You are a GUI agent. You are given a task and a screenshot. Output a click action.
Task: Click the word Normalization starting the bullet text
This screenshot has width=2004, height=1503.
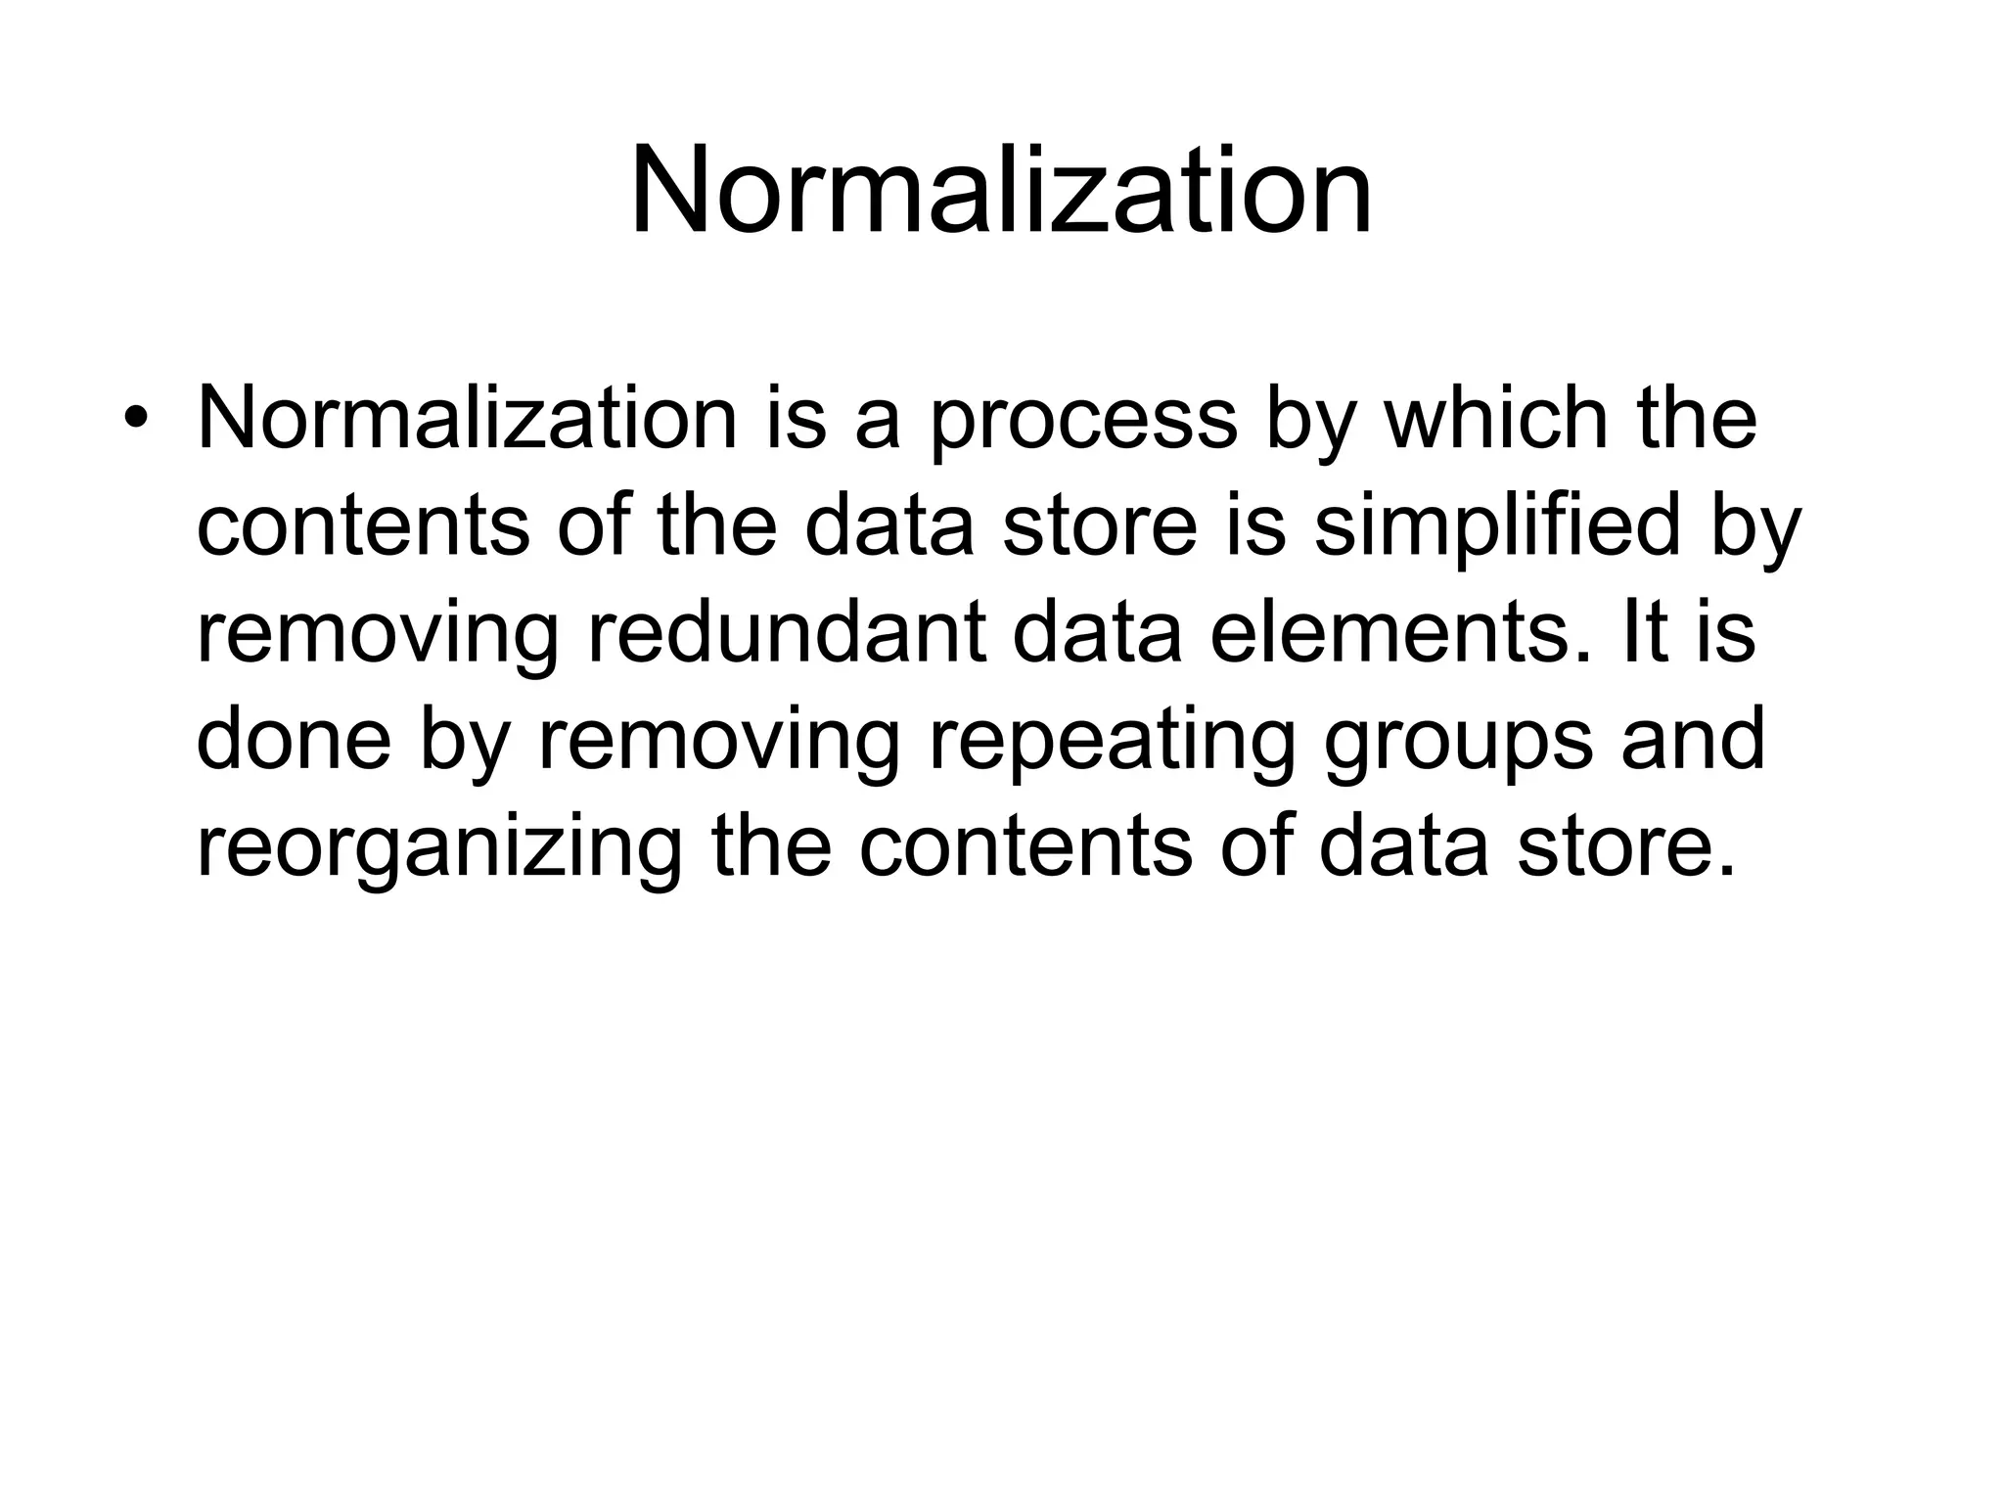pyautogui.click(x=467, y=419)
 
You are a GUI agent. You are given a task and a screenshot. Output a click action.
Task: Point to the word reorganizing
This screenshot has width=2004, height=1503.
pyautogui.click(x=439, y=849)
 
